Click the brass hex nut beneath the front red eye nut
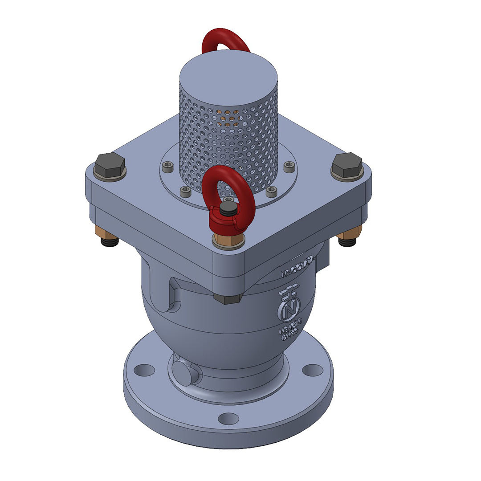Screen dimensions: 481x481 point(228,240)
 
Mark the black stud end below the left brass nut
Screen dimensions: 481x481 point(110,243)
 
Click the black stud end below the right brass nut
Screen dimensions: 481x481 point(347,242)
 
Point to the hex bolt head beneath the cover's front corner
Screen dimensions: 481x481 point(228,298)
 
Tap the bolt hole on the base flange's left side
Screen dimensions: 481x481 point(144,370)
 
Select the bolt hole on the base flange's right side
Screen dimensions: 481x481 point(313,370)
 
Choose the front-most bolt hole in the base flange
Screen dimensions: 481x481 point(228,419)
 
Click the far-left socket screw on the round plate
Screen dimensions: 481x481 point(168,168)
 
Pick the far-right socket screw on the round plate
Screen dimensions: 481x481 point(289,168)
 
